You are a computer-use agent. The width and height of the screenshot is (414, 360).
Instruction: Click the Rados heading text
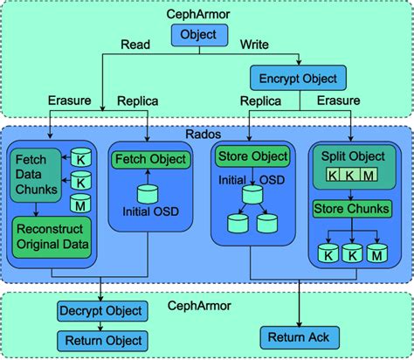coord(207,135)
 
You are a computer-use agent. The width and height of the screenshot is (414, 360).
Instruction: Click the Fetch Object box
coord(148,159)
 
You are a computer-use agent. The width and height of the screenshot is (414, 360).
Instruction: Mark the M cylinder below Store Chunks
coord(377,256)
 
